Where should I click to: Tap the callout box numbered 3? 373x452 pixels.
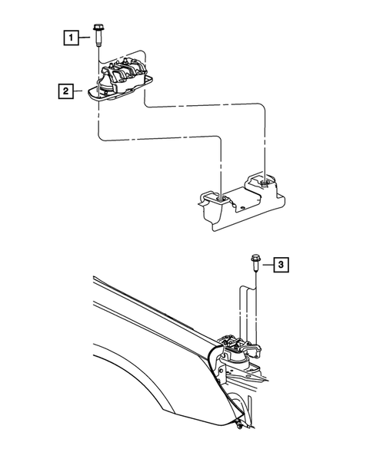click(281, 265)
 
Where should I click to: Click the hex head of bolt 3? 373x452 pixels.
click(253, 259)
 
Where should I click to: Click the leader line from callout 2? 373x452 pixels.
click(82, 92)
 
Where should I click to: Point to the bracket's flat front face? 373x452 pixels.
click(231, 219)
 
